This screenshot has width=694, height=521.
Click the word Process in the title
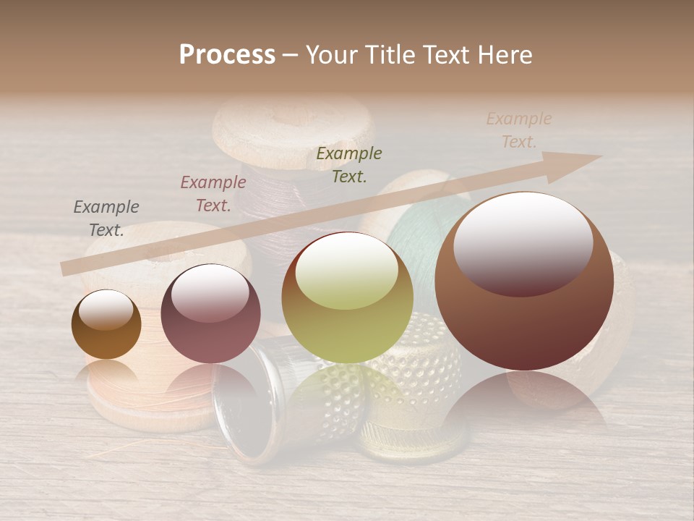(x=227, y=54)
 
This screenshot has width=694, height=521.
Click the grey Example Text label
(x=106, y=219)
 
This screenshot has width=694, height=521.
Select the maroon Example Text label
(x=213, y=194)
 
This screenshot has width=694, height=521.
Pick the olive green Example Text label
(x=349, y=164)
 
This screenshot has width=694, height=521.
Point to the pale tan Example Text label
(x=519, y=130)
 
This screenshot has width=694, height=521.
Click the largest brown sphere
(x=524, y=318)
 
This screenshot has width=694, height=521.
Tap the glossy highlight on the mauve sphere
(x=210, y=294)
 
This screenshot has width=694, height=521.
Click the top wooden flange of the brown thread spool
(x=293, y=130)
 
